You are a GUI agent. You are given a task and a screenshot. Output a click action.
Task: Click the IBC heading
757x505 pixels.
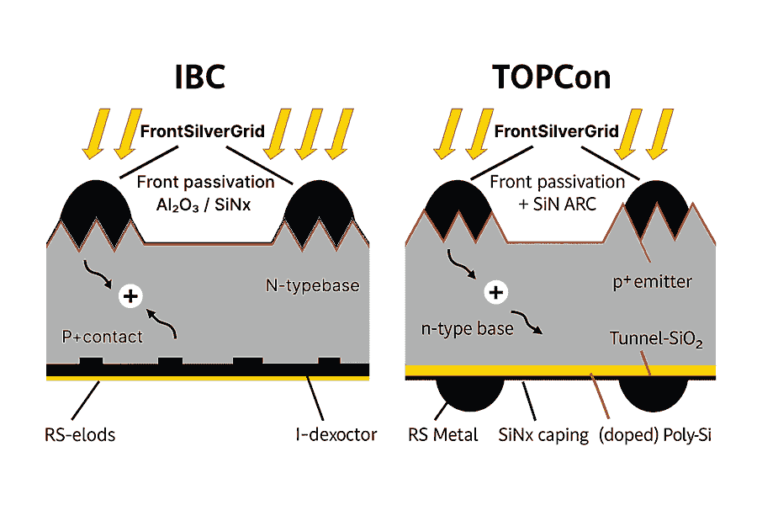pos(199,78)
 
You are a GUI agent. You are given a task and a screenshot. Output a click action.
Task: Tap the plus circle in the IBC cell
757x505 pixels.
pos(130,295)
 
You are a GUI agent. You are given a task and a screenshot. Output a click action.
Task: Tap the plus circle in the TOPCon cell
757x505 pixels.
pos(497,293)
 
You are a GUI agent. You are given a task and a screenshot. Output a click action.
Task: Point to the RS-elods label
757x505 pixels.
pos(80,435)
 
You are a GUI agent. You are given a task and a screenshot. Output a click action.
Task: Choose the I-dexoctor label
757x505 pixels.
pos(331,435)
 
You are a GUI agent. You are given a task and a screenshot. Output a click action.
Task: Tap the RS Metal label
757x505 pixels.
pos(442,435)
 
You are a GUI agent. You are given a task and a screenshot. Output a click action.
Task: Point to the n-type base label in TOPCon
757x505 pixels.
pos(467,329)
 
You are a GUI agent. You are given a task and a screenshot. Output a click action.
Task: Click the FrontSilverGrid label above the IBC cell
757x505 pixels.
pos(204,132)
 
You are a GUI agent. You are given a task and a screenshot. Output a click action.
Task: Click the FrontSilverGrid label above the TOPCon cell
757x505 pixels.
pos(557,132)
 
